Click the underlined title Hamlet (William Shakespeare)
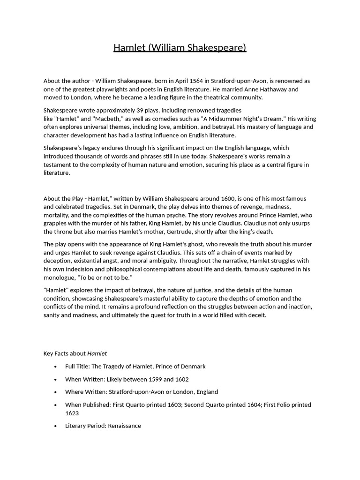point(180,47)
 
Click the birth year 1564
point(195,81)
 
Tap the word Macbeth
point(97,119)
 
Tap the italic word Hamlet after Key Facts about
point(97,353)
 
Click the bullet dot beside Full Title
point(56,367)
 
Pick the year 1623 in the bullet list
point(72,413)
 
